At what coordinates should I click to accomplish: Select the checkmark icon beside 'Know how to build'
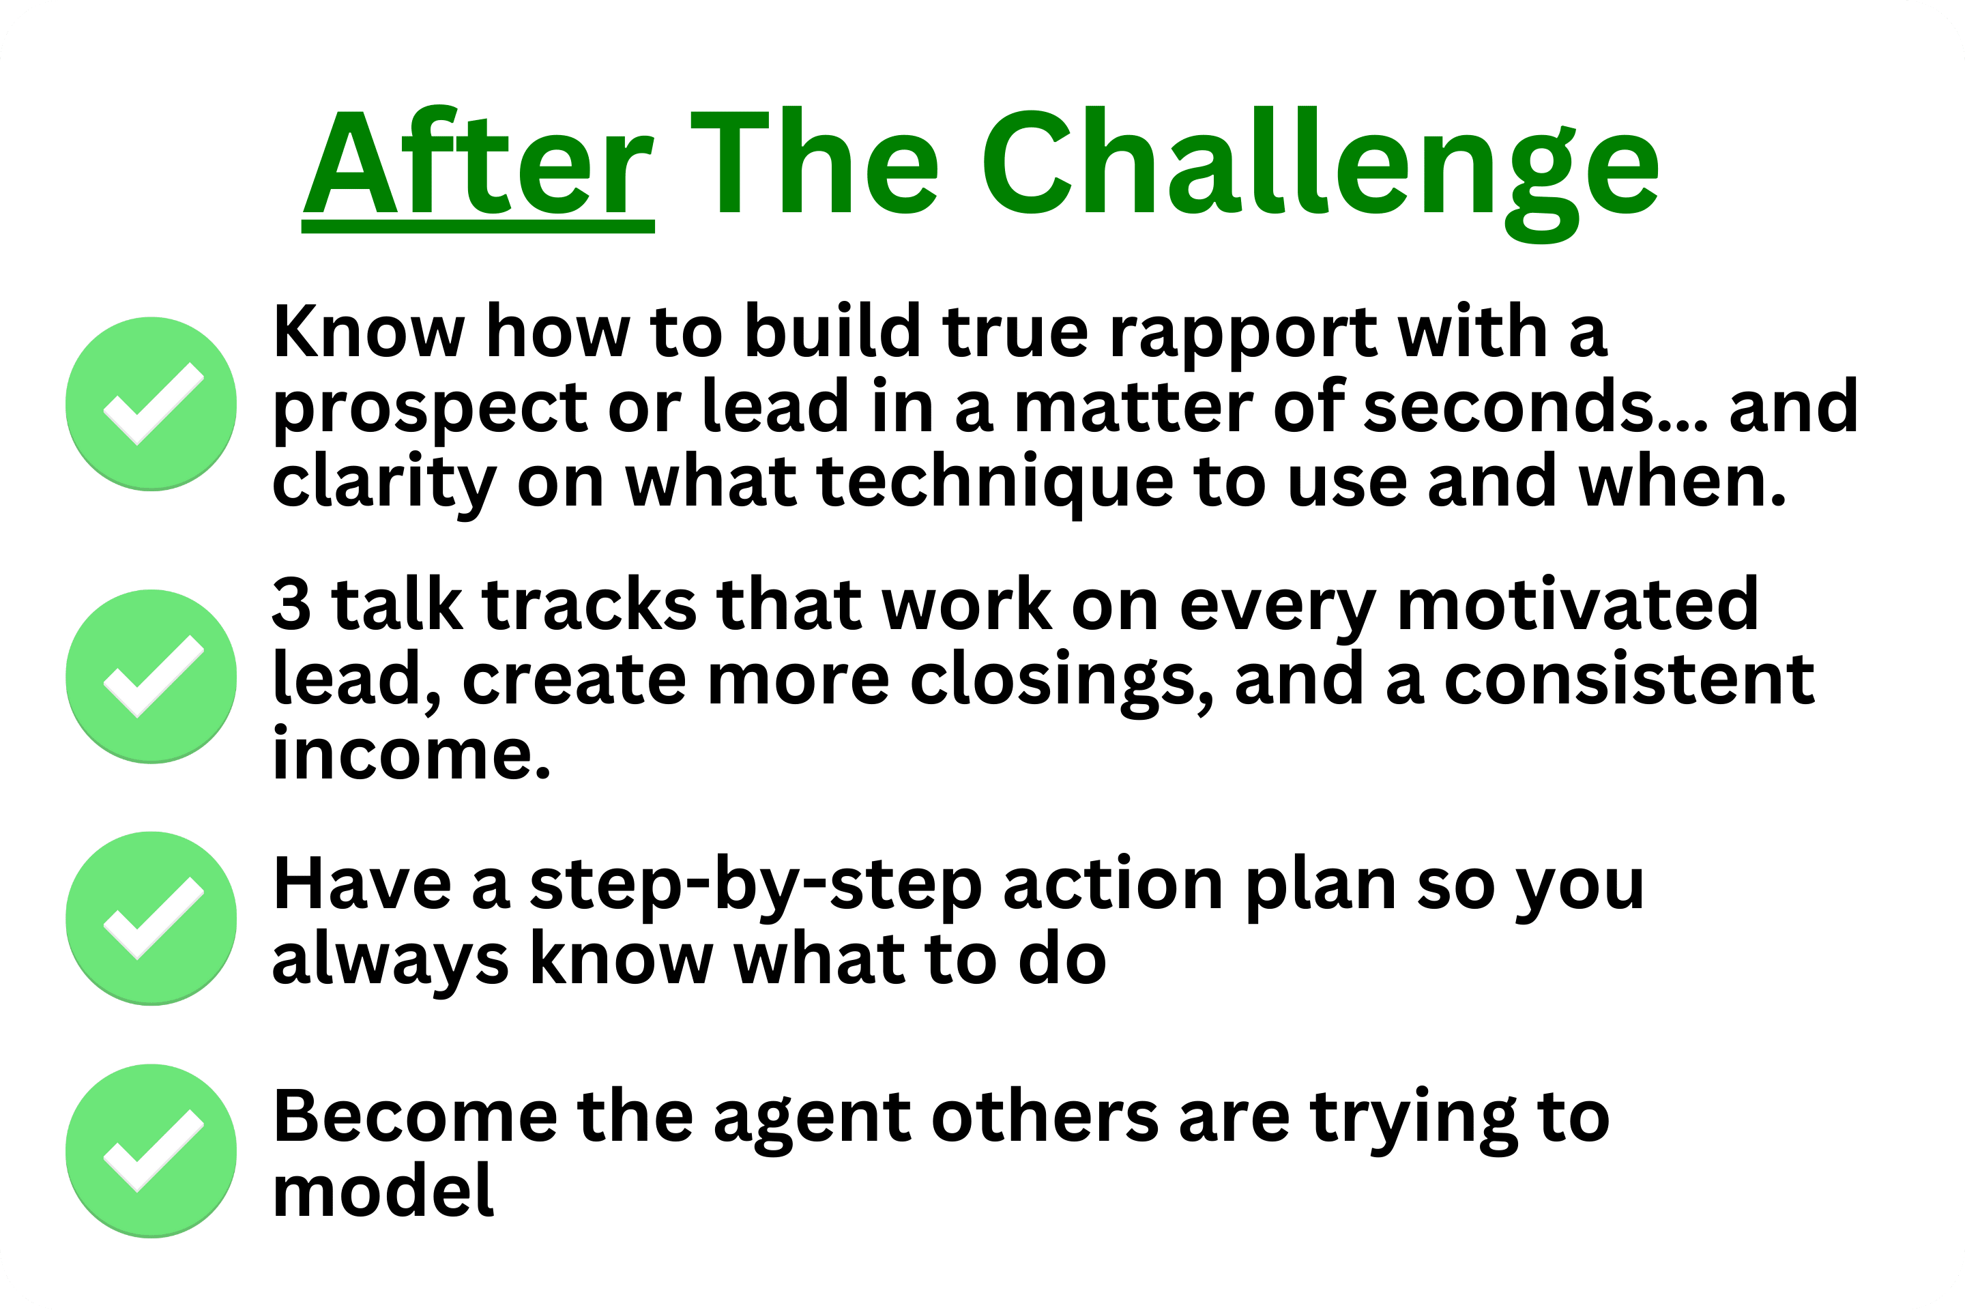(151, 403)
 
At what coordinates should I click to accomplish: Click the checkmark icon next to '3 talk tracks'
(151, 677)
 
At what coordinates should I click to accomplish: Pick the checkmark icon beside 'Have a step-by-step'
(151, 918)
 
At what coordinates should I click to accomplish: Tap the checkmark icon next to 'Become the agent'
(151, 1150)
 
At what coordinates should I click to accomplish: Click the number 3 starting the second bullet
(291, 604)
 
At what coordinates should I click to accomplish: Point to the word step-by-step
(756, 888)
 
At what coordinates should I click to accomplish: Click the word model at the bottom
(383, 1190)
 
